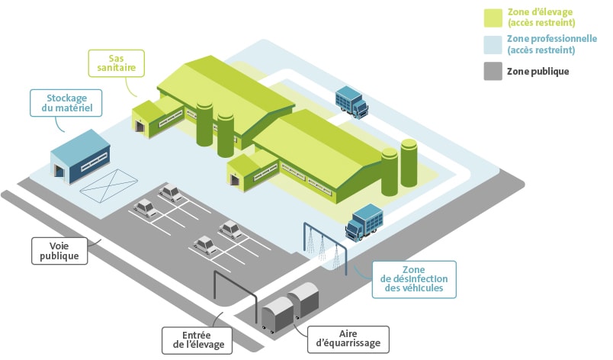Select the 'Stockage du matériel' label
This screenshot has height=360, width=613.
tap(66, 104)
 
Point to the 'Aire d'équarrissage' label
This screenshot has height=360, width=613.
tap(348, 339)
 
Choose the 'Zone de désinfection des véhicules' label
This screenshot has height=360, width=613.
tap(414, 278)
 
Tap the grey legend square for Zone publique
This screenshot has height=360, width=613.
tap(494, 71)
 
